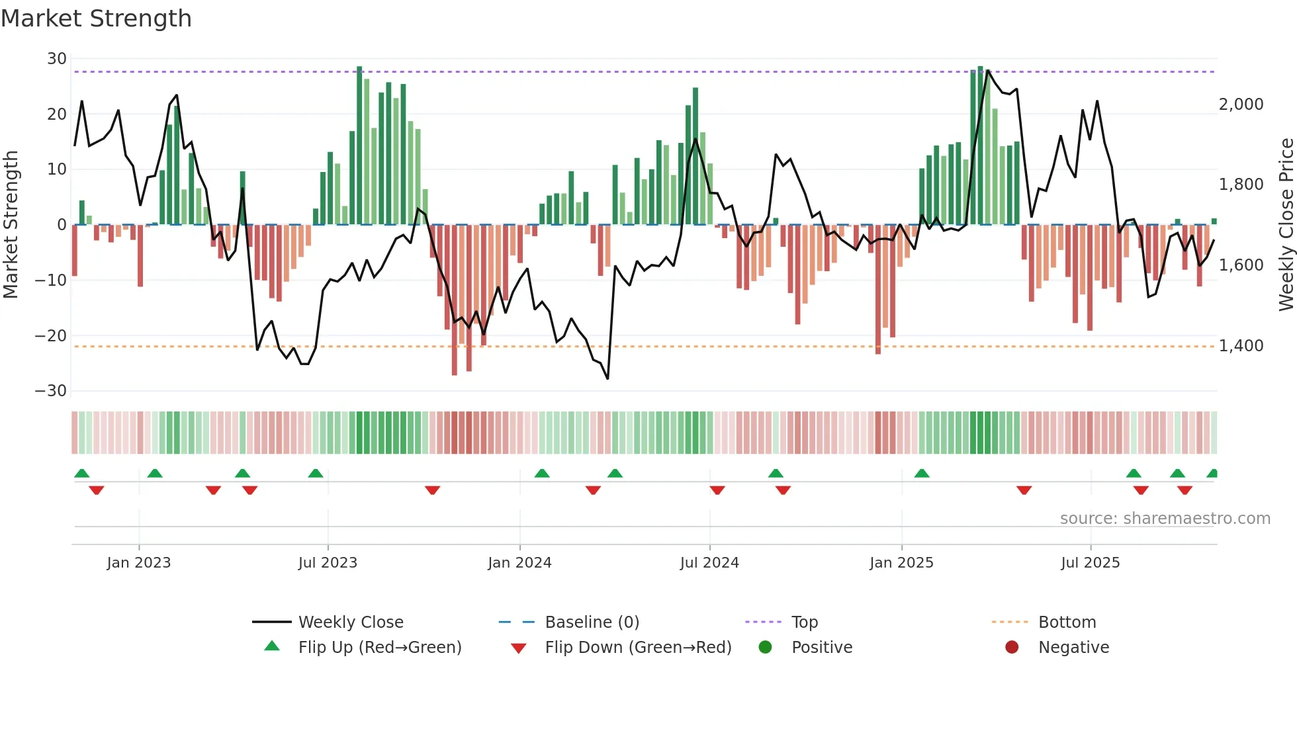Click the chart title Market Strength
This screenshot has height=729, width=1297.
96,19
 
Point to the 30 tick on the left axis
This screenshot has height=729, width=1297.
57,59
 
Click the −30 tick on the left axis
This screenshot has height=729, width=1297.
51,391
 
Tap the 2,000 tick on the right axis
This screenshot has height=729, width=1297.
1241,105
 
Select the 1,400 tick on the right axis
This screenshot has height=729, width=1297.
1241,346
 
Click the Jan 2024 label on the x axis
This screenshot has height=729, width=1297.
519,563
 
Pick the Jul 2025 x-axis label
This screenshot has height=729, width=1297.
1090,563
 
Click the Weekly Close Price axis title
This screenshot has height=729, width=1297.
1286,225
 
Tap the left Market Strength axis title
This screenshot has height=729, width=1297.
11,225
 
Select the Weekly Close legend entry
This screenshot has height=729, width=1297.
350,622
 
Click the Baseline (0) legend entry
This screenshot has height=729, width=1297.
592,622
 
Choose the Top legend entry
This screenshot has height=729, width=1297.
804,622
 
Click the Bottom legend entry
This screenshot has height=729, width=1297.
1067,622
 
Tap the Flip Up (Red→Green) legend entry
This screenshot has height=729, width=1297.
379,648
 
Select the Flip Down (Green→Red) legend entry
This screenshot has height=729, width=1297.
638,648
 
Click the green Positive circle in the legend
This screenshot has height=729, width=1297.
765,648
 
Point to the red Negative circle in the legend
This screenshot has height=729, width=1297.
1011,648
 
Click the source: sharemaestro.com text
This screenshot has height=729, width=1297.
1165,519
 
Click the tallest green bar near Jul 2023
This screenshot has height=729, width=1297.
359,146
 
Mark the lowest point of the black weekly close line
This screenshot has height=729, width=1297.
607,378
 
